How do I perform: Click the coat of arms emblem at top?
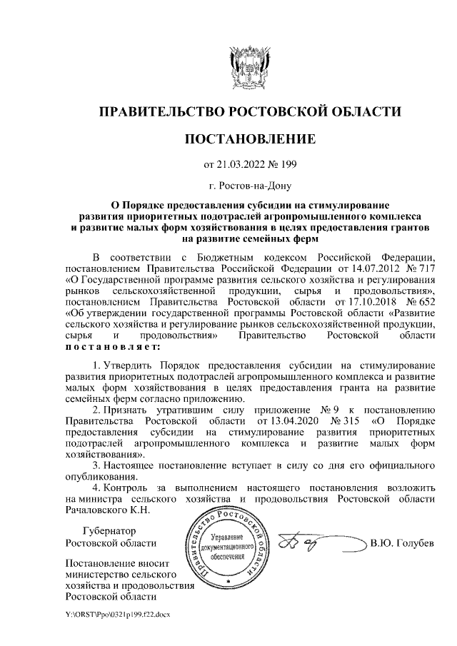249,67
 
